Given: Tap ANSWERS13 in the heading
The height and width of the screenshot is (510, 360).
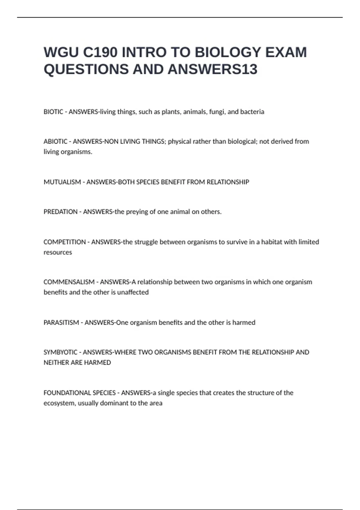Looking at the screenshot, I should pos(212,69).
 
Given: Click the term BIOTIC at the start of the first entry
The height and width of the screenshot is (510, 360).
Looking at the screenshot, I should pos(53,112).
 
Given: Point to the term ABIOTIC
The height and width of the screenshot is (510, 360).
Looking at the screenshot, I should pos(55,142).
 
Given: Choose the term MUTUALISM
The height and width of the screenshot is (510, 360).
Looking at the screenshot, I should pos(62,182).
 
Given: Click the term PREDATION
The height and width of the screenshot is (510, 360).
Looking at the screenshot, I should pos(60,212).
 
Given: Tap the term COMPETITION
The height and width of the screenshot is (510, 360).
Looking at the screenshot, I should pos(64,242).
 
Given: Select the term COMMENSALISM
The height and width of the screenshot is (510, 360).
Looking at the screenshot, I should pos(69,282).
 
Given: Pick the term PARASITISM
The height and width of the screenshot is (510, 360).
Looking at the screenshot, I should pos(61,322).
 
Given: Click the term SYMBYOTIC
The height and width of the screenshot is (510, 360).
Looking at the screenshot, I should pos(60,352).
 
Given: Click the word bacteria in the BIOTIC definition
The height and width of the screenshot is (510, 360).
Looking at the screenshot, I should pos(252,112).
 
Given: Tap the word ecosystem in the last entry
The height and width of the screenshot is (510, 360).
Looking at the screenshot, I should pos(59,403).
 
